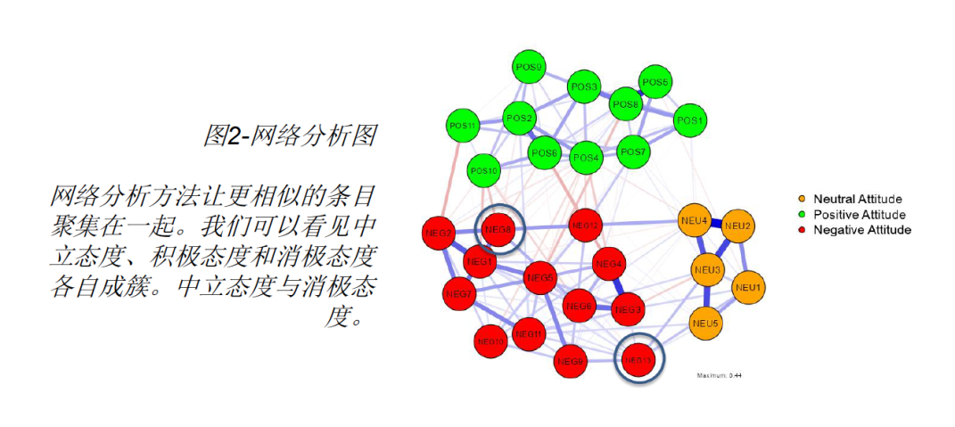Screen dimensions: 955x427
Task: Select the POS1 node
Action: pyautogui.click(x=689, y=120)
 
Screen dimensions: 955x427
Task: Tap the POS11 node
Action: pyautogui.click(x=462, y=125)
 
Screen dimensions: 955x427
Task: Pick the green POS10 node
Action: pyautogui.click(x=483, y=169)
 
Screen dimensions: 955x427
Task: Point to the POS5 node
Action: pyautogui.click(x=655, y=83)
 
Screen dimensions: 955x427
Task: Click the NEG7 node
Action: pyautogui.click(x=458, y=293)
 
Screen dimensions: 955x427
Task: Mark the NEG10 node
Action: pyautogui.click(x=491, y=341)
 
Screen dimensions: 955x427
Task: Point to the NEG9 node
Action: pyautogui.click(x=570, y=361)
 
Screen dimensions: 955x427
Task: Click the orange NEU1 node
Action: pyautogui.click(x=747, y=288)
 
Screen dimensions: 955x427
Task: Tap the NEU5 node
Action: pyautogui.click(x=706, y=322)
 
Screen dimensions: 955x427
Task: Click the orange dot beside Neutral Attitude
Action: pyautogui.click(x=803, y=199)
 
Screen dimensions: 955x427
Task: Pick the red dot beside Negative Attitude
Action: pyautogui.click(x=803, y=230)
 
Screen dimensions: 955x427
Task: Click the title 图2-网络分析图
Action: pyautogui.click(x=289, y=135)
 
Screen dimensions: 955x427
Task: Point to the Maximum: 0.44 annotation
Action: pyautogui.click(x=719, y=375)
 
